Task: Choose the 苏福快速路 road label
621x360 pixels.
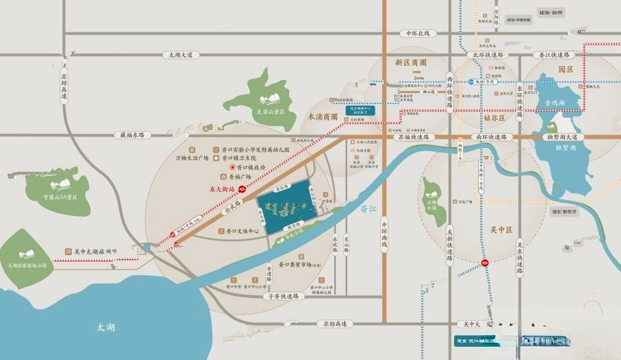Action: pyautogui.click(x=413, y=137)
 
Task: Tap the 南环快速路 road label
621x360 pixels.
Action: pyautogui.click(x=491, y=137)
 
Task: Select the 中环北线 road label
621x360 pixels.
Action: pyautogui.click(x=417, y=33)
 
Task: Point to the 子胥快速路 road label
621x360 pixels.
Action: pyautogui.click(x=283, y=296)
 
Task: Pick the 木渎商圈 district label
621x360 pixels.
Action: pyautogui.click(x=322, y=117)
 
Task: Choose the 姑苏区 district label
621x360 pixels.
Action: pyautogui.click(x=494, y=118)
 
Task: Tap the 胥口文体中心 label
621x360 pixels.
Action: pyautogui.click(x=238, y=231)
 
